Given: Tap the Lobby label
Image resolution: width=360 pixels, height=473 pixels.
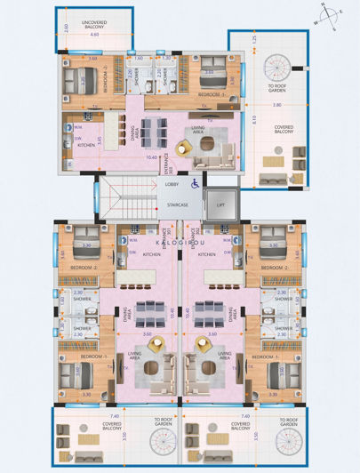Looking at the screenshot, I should [x=173, y=184].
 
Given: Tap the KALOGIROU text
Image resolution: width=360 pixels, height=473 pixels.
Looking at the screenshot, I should [x=180, y=241].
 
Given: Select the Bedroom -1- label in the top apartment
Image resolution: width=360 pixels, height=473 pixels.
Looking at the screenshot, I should [x=211, y=93].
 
